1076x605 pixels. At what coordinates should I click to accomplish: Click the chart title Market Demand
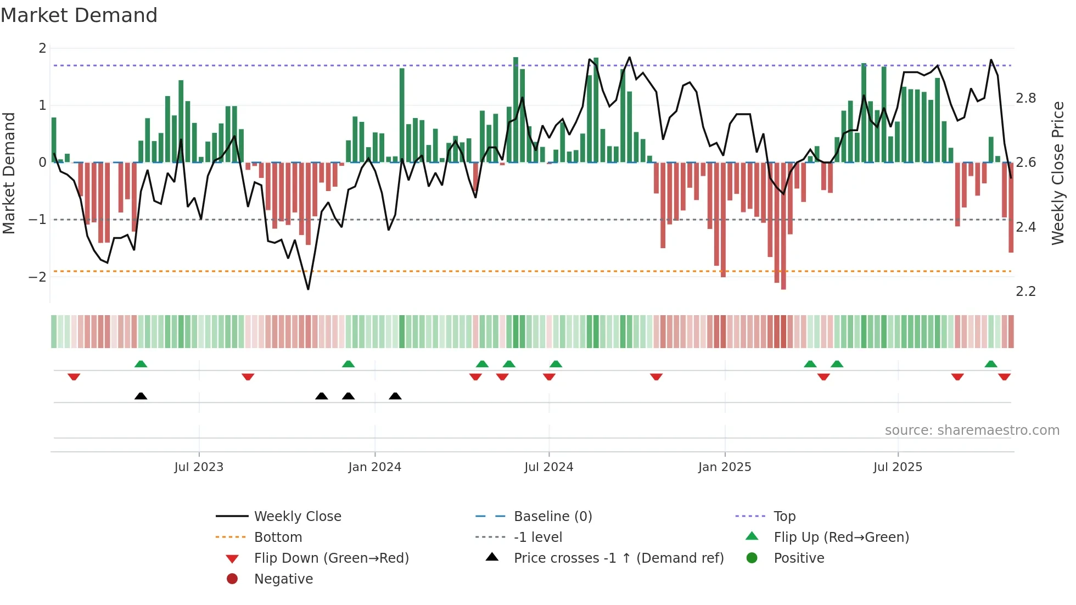(x=79, y=15)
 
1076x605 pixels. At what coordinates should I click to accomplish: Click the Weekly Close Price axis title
(x=1058, y=173)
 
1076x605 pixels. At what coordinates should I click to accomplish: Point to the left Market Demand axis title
(x=9, y=173)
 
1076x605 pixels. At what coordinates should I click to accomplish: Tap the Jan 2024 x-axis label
(x=374, y=467)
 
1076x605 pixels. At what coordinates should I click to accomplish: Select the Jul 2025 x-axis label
(x=898, y=467)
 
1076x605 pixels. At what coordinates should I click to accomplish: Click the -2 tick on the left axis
(x=38, y=277)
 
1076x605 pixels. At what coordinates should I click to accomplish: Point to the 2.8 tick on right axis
(x=1025, y=98)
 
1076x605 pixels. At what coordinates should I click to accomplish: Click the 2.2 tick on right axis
(x=1025, y=292)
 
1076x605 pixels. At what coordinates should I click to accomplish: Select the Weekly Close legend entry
(x=297, y=517)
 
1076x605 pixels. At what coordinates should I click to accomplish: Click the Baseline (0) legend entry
(x=552, y=517)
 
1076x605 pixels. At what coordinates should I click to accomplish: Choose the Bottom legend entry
(x=278, y=537)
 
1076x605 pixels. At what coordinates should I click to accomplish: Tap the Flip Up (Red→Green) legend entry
(x=841, y=537)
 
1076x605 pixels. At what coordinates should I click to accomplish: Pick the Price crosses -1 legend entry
(x=618, y=558)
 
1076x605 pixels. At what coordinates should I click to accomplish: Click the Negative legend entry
(x=283, y=579)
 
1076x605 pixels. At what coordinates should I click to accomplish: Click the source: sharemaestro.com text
(x=972, y=430)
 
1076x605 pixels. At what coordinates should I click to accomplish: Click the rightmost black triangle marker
(x=395, y=396)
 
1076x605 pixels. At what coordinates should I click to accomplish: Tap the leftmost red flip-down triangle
(x=74, y=377)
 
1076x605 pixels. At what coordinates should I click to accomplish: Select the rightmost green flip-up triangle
(x=991, y=364)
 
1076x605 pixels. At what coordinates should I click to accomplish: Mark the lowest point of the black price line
(x=308, y=289)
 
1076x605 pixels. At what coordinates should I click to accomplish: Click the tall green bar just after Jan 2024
(x=402, y=115)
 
